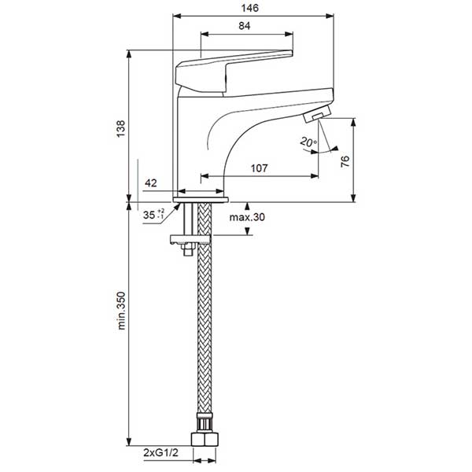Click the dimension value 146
(x=250, y=6)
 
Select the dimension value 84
(x=244, y=27)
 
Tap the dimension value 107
(x=259, y=168)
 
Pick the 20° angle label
(x=307, y=142)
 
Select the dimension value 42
(x=152, y=183)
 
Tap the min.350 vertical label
(x=121, y=323)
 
